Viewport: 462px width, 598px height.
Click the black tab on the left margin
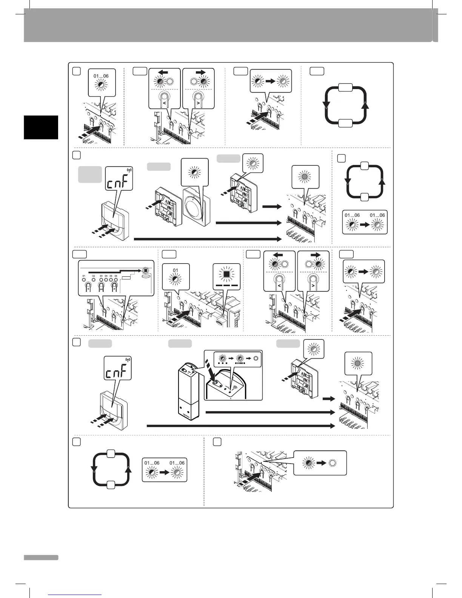point(41,128)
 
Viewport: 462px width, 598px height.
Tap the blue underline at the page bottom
point(75,595)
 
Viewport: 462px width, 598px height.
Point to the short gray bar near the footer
point(41,558)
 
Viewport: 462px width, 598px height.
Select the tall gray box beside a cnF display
point(90,174)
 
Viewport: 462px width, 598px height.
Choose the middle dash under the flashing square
point(226,286)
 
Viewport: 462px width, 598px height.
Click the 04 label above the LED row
point(106,276)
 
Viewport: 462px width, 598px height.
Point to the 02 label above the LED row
point(93,276)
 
